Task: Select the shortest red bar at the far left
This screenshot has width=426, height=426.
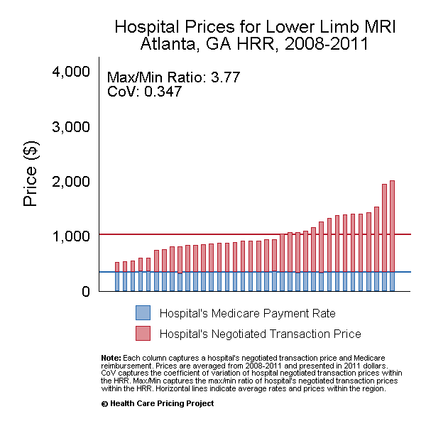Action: point(118,267)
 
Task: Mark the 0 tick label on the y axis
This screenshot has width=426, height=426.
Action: point(86,290)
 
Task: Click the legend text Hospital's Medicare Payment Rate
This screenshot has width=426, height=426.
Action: point(247,313)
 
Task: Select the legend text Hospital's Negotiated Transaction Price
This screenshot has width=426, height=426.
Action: point(260,334)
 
